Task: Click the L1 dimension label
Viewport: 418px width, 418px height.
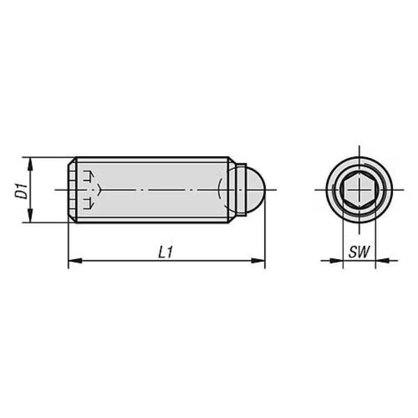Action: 166,252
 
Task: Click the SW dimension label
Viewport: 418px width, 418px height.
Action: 359,252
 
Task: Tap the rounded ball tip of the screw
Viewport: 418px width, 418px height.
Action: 254,189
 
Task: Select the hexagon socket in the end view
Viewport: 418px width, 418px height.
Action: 359,189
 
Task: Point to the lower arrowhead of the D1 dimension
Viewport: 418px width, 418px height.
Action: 30,215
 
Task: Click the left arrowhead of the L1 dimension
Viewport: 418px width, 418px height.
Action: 75,261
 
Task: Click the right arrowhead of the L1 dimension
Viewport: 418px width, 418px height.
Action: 258,261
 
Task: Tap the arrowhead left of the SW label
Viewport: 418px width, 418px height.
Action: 336,261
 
